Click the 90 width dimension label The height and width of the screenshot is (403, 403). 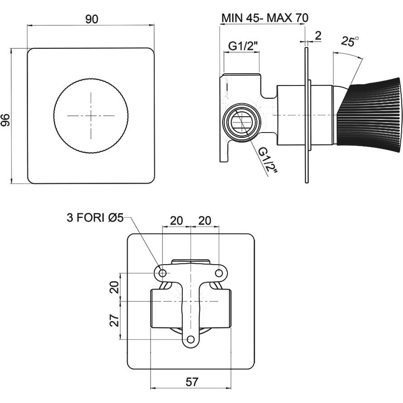point(92,19)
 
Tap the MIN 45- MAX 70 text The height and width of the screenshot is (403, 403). point(265,18)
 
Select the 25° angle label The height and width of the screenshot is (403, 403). point(350,41)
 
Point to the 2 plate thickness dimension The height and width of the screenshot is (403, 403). point(318,36)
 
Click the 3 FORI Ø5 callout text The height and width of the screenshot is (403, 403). point(95,218)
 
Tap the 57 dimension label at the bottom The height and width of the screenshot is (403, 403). point(192,382)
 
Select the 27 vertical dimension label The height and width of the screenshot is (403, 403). point(114,320)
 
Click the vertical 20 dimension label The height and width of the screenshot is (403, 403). point(114,287)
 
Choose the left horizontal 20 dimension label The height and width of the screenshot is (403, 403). point(176,221)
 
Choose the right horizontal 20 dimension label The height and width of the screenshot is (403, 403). point(205,221)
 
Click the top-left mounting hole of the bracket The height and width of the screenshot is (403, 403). point(162,273)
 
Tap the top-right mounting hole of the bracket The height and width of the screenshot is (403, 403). point(219,273)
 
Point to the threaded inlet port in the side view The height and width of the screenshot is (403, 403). point(242,122)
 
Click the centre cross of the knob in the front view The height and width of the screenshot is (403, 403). point(91,116)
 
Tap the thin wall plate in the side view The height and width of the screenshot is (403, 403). point(307,115)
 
